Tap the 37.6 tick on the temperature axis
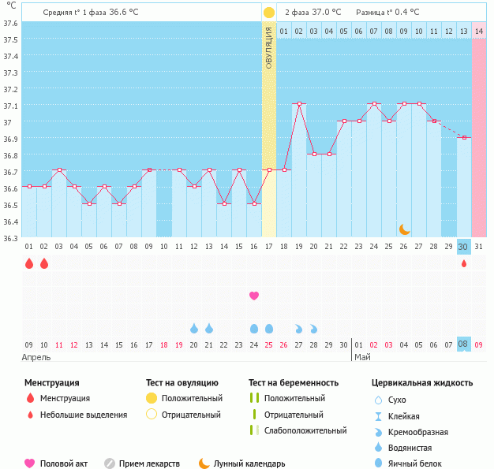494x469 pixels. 10,23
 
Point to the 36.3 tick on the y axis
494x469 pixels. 10,237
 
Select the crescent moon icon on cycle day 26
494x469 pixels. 404,229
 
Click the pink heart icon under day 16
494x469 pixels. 254,296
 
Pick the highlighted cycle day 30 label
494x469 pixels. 463,246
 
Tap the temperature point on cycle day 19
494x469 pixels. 299,103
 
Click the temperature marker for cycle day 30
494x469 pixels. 464,137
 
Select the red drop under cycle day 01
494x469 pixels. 29,263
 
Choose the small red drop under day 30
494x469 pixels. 464,263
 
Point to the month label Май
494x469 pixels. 362,357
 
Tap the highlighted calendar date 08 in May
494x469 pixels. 463,344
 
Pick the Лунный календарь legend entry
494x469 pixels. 241,463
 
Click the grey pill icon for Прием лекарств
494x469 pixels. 110,463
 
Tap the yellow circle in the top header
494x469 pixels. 269,12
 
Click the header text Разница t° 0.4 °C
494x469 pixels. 387,12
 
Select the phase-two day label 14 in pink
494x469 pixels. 478,31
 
